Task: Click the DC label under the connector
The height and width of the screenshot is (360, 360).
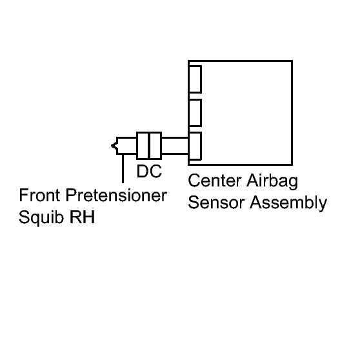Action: (x=149, y=171)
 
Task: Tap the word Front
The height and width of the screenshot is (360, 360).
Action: (x=40, y=195)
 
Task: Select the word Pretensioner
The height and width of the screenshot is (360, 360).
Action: (x=116, y=195)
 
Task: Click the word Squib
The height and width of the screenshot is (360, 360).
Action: (x=41, y=217)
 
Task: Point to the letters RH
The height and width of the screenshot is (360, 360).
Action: (x=82, y=217)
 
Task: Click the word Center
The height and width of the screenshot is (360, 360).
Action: (x=215, y=181)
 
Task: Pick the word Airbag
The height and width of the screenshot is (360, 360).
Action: (x=272, y=181)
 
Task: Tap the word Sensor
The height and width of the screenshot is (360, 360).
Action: (x=216, y=203)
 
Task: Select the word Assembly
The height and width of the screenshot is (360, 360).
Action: (x=288, y=203)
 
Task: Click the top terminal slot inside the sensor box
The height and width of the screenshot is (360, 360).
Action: (x=195, y=79)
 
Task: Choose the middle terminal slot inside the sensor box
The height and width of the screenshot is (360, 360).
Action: (x=195, y=113)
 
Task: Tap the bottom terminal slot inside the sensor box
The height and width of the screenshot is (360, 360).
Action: (x=195, y=146)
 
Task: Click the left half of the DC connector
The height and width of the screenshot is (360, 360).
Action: (x=143, y=146)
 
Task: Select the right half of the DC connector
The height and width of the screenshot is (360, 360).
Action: (x=155, y=146)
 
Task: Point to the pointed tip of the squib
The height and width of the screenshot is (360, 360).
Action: (x=112, y=146)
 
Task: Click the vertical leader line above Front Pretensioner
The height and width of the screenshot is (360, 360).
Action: (x=123, y=168)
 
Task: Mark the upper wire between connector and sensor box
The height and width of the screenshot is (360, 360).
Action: (x=175, y=138)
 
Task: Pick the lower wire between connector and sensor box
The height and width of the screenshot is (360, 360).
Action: (x=175, y=153)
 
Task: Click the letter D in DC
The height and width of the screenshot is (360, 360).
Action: (x=143, y=171)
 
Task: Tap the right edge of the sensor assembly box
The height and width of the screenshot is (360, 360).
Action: (x=292, y=113)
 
